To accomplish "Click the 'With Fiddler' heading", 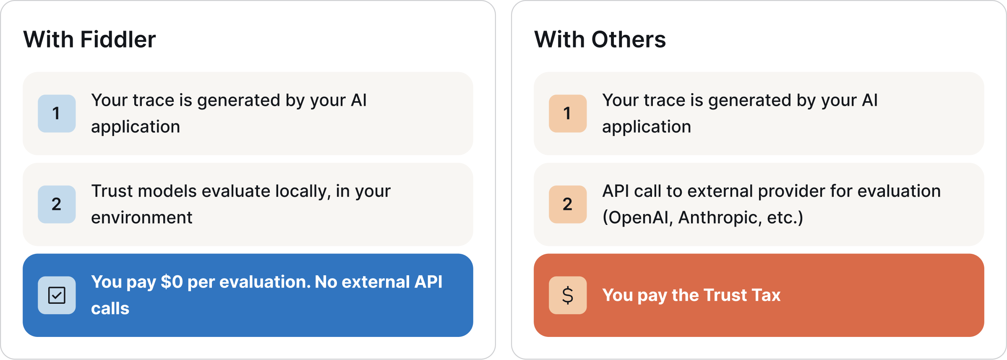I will [89, 40].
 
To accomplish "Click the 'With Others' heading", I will [600, 40].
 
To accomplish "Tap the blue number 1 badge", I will [57, 113].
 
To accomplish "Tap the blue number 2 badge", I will [57, 204].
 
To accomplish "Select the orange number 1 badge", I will [568, 113].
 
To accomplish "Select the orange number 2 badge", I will [568, 204].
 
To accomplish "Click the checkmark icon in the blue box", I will [57, 295].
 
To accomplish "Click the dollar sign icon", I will [568, 295].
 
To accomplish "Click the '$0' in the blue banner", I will [172, 282].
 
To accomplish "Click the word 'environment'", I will [142, 218].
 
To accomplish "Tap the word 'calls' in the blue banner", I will [110, 309].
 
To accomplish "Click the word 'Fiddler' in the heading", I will [118, 40].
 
